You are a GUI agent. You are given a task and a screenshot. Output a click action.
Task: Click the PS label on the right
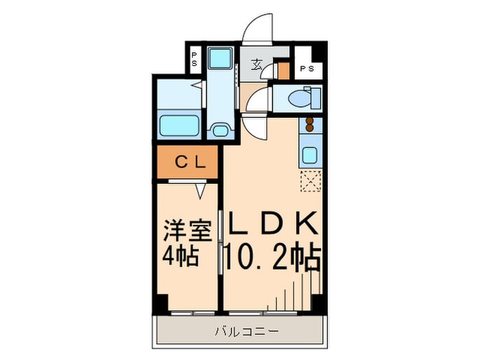307,69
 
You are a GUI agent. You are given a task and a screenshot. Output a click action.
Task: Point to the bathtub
179,125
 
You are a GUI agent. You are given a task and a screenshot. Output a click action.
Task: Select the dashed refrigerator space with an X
309,181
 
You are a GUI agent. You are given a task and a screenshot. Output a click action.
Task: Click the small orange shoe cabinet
284,71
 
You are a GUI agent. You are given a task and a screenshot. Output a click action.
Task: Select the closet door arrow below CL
200,191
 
